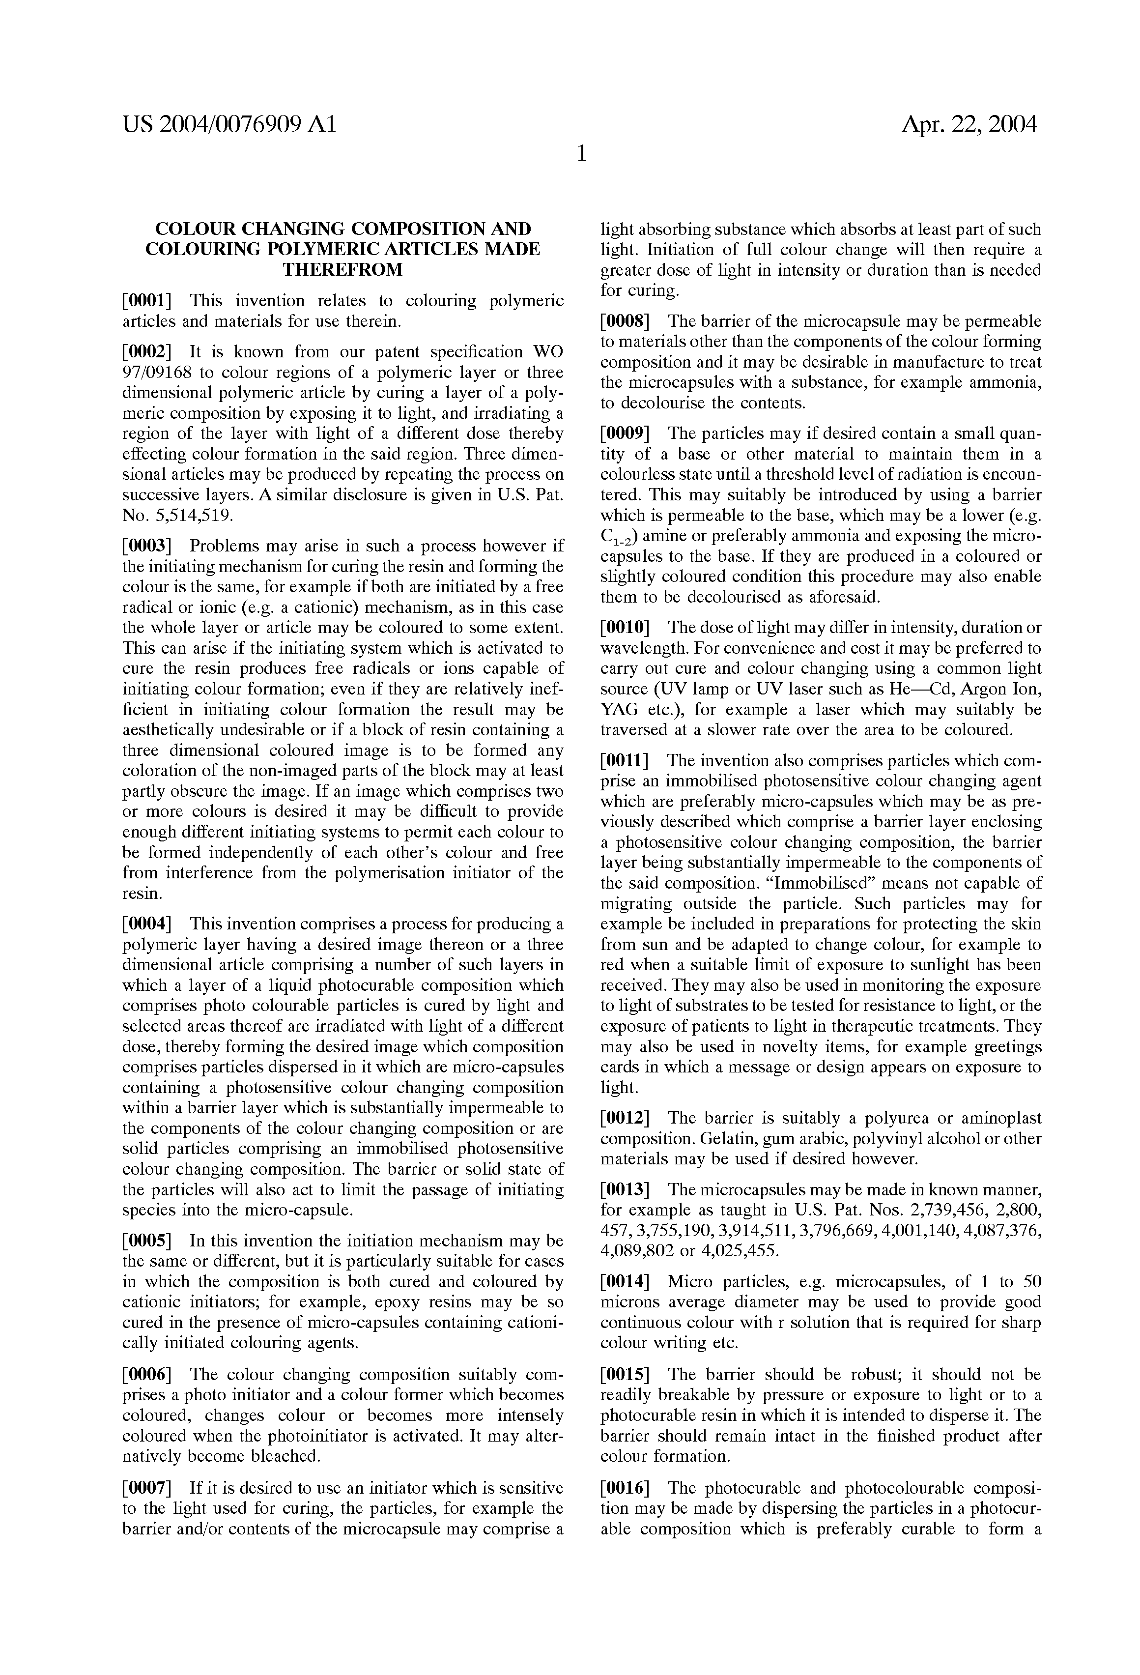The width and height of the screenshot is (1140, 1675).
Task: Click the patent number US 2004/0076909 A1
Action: click(x=229, y=125)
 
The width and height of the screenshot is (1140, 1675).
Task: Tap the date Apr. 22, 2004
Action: click(x=969, y=125)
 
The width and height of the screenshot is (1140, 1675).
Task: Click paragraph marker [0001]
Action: click(x=148, y=301)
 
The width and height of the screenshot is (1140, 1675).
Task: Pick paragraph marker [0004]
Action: click(x=148, y=924)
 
